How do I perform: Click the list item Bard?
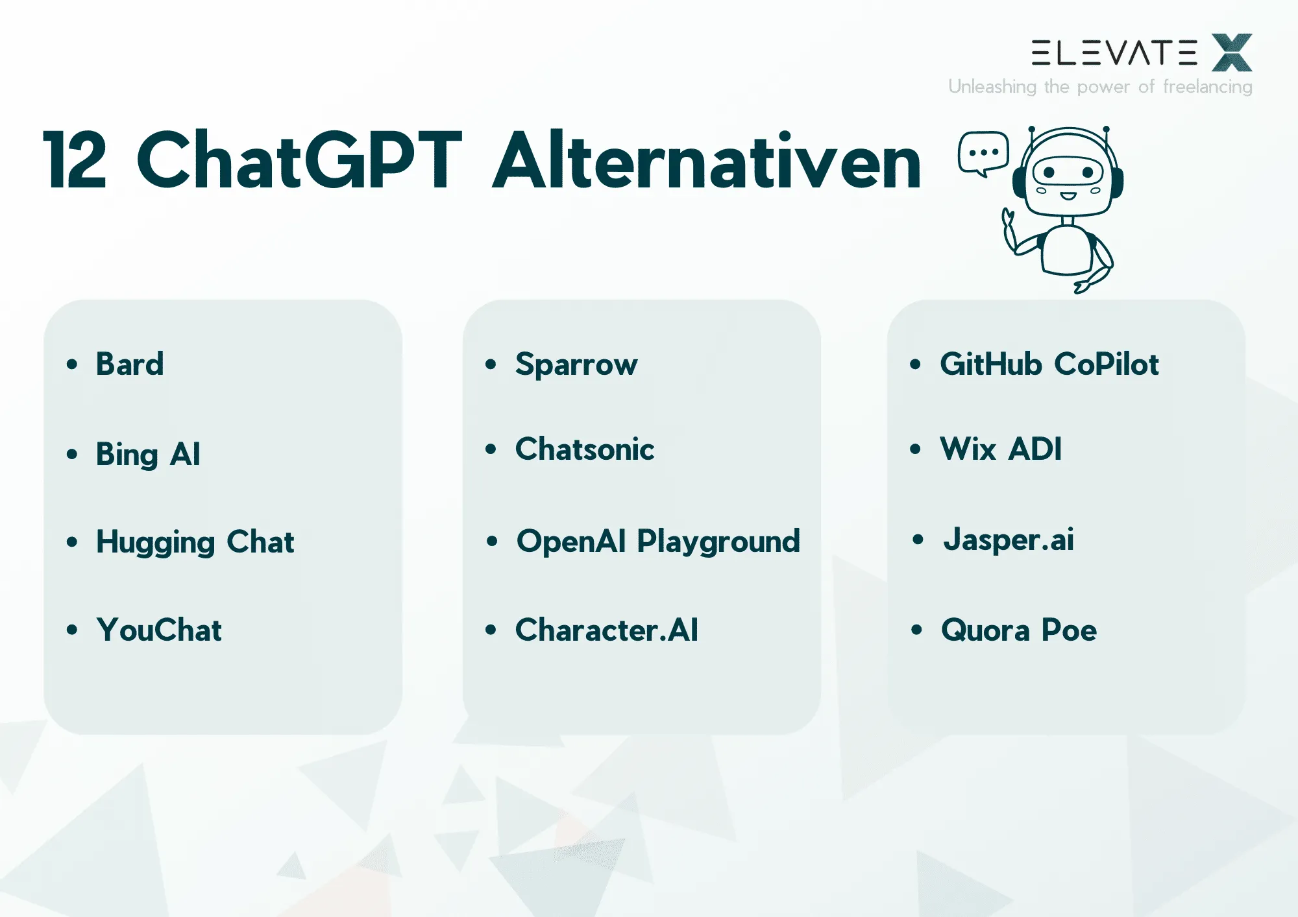point(130,364)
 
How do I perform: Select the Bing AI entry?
point(148,454)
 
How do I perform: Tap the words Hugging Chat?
point(195,542)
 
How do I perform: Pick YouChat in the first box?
point(159,630)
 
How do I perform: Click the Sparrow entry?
point(576,364)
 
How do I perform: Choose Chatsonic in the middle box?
point(585,449)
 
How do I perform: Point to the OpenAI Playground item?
point(658,542)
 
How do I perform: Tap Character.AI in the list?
point(607,630)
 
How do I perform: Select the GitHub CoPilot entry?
point(1049,364)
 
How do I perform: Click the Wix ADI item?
point(1001,449)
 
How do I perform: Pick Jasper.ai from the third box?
point(1009,540)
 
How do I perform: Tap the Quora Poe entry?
point(1019,630)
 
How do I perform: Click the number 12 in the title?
point(75,160)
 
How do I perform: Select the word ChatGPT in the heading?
point(299,160)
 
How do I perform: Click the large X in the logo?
point(1232,53)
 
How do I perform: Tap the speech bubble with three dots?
point(983,152)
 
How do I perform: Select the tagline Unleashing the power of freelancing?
point(1100,86)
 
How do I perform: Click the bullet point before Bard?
point(72,364)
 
